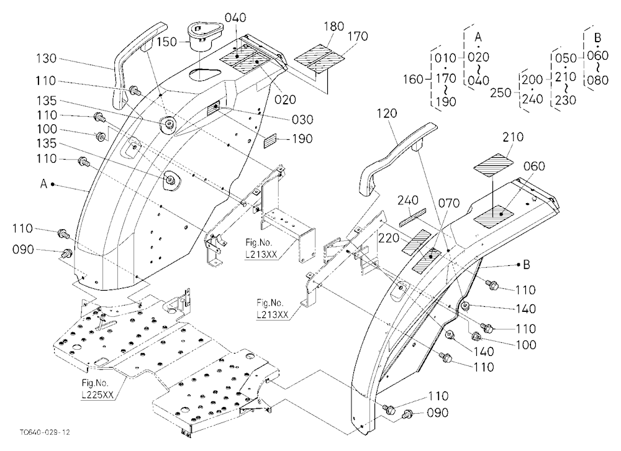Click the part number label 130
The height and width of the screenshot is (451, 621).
click(x=47, y=58)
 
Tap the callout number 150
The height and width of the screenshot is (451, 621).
click(x=166, y=42)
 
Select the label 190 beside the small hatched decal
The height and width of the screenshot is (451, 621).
click(x=302, y=139)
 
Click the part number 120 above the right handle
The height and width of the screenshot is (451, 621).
click(x=386, y=114)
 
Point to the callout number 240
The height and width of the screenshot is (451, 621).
click(x=409, y=200)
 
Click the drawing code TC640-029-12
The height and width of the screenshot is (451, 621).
click(x=44, y=432)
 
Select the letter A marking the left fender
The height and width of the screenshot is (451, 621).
click(x=43, y=184)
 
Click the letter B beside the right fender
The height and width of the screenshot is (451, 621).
click(x=527, y=265)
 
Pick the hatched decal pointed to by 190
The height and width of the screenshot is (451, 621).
click(x=271, y=141)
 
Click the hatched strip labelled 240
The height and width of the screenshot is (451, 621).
click(x=412, y=217)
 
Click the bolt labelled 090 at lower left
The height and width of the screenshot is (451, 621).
click(x=67, y=252)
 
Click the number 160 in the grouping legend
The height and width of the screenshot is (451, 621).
click(x=414, y=80)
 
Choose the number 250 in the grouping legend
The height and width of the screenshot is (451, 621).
click(x=501, y=93)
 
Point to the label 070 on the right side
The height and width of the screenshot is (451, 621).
click(x=449, y=203)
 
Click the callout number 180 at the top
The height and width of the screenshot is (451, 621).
click(x=334, y=27)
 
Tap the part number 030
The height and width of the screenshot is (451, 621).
click(x=302, y=119)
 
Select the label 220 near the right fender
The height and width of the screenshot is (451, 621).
click(x=389, y=238)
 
